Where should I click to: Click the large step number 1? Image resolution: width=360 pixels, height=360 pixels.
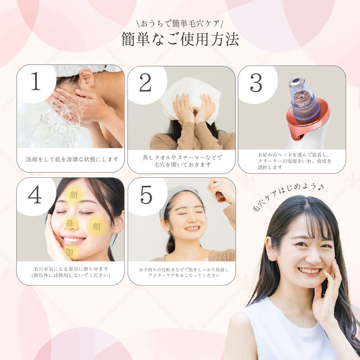click(x=36, y=81)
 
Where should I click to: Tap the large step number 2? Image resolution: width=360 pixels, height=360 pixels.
click(x=145, y=82)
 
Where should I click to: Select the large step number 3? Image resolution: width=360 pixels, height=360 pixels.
click(x=256, y=83)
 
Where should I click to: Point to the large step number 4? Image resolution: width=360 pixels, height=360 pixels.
click(x=35, y=194)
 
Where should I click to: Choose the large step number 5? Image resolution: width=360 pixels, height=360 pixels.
click(x=146, y=195)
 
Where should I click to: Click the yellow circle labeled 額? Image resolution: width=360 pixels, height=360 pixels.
click(x=73, y=195)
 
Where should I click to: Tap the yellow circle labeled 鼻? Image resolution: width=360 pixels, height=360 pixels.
click(x=69, y=223)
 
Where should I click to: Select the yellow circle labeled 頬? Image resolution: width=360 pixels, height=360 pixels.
click(x=97, y=227)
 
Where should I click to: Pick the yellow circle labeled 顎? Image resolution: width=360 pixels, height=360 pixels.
click(x=70, y=252)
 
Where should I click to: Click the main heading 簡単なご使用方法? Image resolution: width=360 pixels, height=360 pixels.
click(x=180, y=40)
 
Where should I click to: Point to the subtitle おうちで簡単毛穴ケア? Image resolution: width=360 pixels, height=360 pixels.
click(x=180, y=24)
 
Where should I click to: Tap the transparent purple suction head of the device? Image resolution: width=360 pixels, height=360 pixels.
click(x=304, y=99)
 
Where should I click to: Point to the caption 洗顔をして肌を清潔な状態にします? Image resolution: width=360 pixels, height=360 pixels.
click(x=72, y=159)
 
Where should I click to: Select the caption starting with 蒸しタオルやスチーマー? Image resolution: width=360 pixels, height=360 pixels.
click(x=183, y=161)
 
